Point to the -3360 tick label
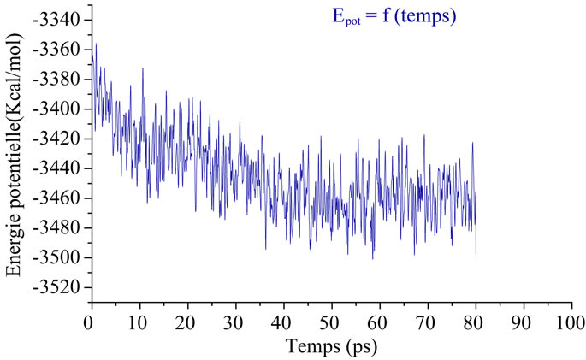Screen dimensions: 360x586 tap(61, 50)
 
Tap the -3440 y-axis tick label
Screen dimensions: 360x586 tap(61, 168)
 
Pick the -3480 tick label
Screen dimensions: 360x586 tap(61, 227)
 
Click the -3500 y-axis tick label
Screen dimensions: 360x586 tap(61, 257)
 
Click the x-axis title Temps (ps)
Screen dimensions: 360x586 tap(329, 347)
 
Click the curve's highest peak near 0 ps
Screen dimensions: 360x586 tap(95, 44)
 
